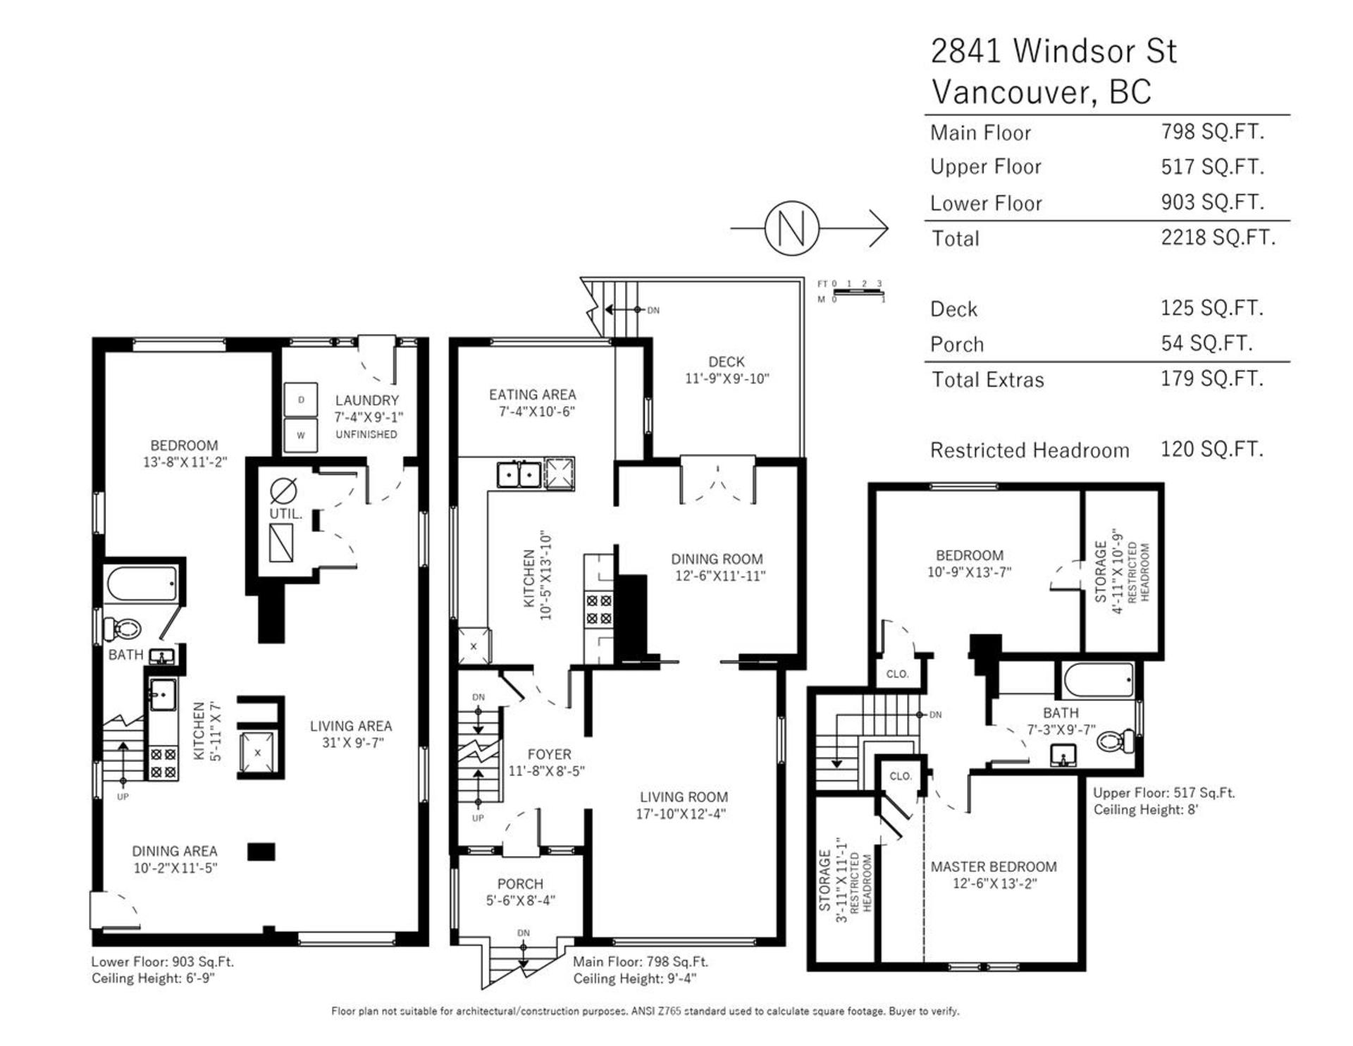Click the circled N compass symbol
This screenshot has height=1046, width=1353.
coord(792,228)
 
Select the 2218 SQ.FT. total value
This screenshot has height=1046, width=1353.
coord(1218,238)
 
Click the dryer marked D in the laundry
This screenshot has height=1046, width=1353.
coord(301,400)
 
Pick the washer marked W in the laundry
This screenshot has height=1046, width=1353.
coord(301,435)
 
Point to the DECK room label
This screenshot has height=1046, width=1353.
coord(727,362)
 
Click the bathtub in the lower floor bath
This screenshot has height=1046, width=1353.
coord(142,584)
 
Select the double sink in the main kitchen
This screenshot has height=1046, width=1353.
coord(519,474)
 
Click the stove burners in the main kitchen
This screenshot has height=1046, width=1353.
coord(598,610)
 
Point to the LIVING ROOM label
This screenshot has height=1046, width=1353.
coord(684,797)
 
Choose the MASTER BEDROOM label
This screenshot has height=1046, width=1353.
coord(994,866)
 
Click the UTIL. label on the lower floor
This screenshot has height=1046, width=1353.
coord(285,514)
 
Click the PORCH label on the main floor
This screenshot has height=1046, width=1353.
coord(520,884)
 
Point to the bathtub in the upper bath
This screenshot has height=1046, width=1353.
coord(1099,679)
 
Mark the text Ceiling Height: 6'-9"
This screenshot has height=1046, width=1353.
coord(153,978)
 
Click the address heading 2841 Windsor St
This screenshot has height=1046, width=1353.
coord(1054,51)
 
